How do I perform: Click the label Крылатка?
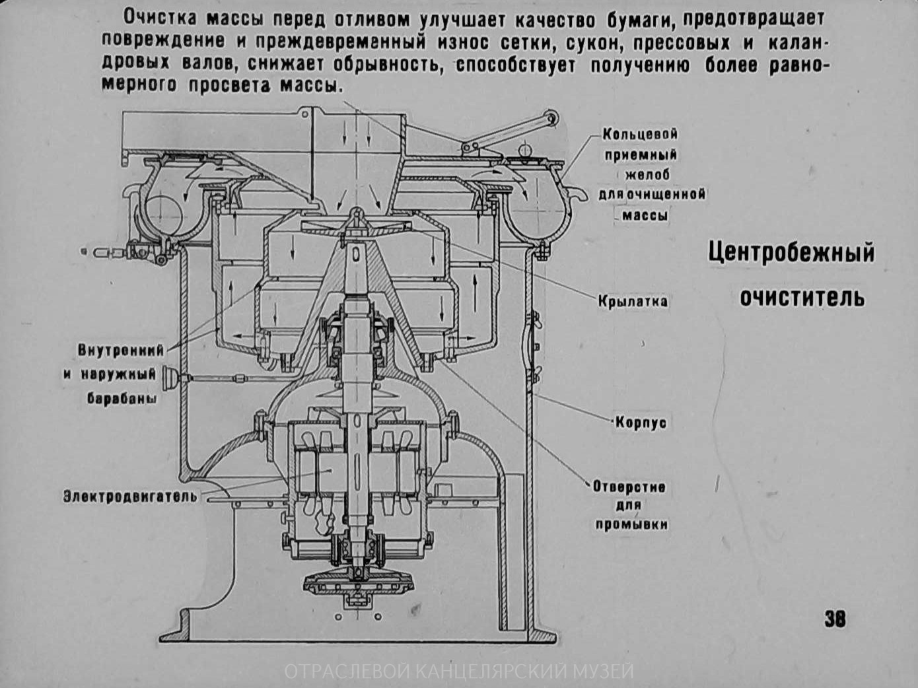coord(633,302)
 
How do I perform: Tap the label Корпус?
coord(641,422)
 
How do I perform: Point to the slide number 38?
coord(835,619)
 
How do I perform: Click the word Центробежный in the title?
coord(791,253)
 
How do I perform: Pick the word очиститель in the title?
coord(802,297)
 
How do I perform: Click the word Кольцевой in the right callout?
coord(640,134)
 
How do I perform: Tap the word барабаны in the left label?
coord(122,399)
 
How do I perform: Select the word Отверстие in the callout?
coord(629,487)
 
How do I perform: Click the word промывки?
coord(631,525)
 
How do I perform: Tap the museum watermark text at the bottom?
coord(459,671)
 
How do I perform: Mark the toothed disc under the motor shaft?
coord(357,583)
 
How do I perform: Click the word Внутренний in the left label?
coord(120,349)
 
